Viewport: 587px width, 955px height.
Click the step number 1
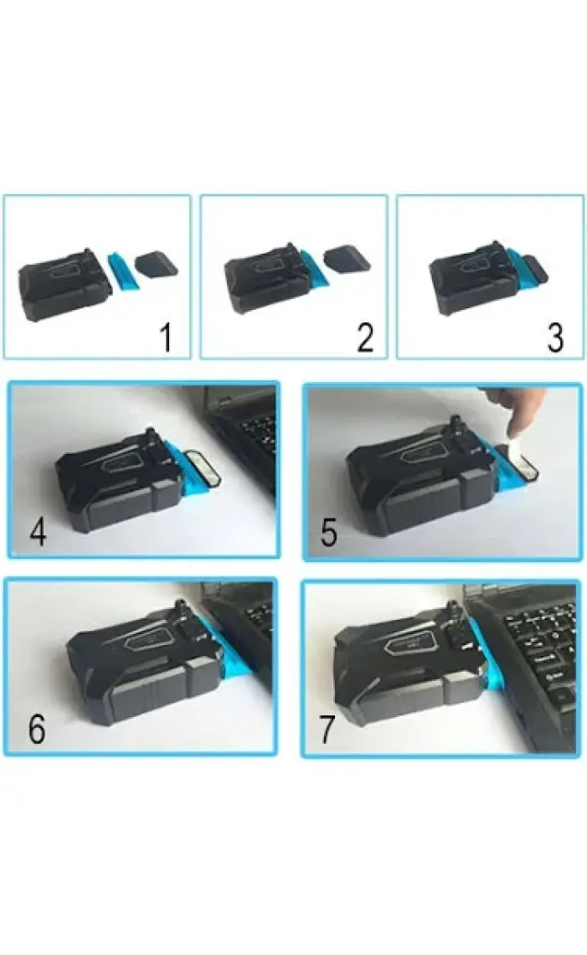(x=166, y=338)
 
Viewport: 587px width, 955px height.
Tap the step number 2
(x=365, y=338)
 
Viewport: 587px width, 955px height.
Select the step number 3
(x=554, y=338)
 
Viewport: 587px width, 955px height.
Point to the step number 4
(x=38, y=532)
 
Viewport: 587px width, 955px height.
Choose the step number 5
(x=329, y=532)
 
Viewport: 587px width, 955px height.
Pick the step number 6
(x=37, y=729)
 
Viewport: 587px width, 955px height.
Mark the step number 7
(x=327, y=729)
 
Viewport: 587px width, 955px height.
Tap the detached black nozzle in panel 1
(x=156, y=265)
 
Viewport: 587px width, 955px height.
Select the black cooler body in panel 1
(x=64, y=285)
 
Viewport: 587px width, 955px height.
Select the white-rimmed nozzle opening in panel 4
(x=202, y=467)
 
